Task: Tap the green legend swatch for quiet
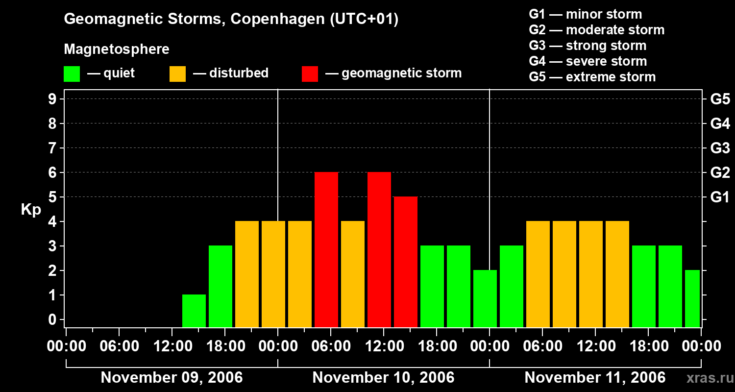click(x=72, y=74)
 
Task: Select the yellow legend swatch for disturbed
click(x=177, y=74)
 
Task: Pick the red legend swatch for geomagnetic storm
click(x=310, y=74)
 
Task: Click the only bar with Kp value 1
click(x=194, y=311)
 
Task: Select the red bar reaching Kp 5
click(x=406, y=262)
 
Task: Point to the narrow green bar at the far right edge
click(x=692, y=298)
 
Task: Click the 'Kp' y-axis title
click(x=31, y=210)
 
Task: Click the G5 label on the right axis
click(x=720, y=99)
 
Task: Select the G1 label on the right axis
click(x=720, y=197)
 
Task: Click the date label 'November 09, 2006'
click(x=171, y=378)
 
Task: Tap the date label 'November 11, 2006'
click(x=595, y=378)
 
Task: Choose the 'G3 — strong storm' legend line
click(x=588, y=46)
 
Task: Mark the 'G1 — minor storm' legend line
click(x=585, y=14)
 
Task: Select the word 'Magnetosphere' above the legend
click(x=117, y=49)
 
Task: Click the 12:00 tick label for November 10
click(x=384, y=346)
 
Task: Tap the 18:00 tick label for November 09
click(x=225, y=346)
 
